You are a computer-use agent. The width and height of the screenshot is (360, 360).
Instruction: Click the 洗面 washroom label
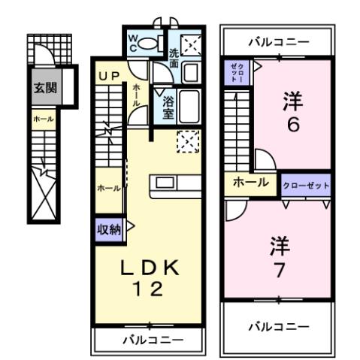[173, 59]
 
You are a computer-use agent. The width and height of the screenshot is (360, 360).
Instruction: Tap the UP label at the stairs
[109, 77]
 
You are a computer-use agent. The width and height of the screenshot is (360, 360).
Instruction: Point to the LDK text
[147, 267]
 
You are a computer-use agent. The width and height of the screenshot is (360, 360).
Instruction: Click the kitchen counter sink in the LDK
[165, 183]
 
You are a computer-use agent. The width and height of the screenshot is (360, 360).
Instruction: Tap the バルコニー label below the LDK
[148, 340]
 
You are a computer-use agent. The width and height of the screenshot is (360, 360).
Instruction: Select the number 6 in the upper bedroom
[293, 123]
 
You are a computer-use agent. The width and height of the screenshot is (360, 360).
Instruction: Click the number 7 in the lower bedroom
[280, 269]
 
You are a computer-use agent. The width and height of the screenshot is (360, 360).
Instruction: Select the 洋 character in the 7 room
[280, 245]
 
